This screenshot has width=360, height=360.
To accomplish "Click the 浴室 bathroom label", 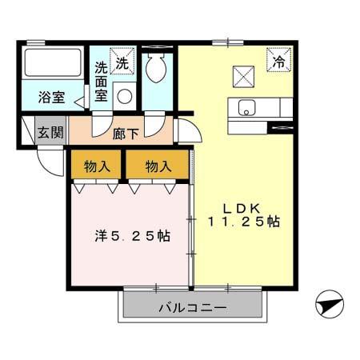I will click(x=50, y=99).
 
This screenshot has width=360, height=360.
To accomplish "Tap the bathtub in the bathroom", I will click(x=52, y=62).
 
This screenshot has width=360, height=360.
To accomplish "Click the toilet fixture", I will click(x=156, y=67).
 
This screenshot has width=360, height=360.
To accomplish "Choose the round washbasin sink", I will click(x=124, y=97).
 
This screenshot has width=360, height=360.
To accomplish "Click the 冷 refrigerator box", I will click(x=278, y=61).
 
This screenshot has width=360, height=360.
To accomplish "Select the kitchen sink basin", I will click(x=244, y=106).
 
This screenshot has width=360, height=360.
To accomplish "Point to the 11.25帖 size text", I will click(x=243, y=222).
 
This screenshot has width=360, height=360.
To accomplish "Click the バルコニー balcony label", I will click(x=191, y=307).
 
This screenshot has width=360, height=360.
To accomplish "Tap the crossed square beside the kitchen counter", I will click(x=242, y=75).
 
